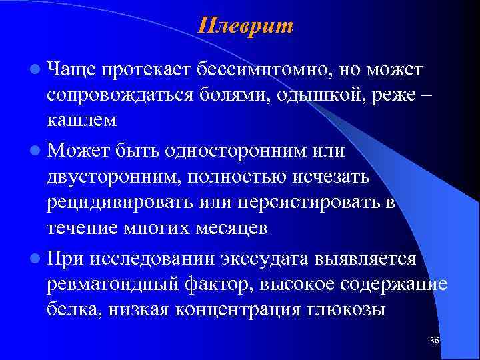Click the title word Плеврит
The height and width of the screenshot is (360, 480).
[x=246, y=25]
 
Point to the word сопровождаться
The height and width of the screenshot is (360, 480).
[x=121, y=94]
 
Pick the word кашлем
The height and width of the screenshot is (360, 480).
[x=81, y=119]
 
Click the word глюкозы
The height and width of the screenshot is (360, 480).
[x=352, y=309]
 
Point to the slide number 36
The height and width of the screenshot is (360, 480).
[x=435, y=341]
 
